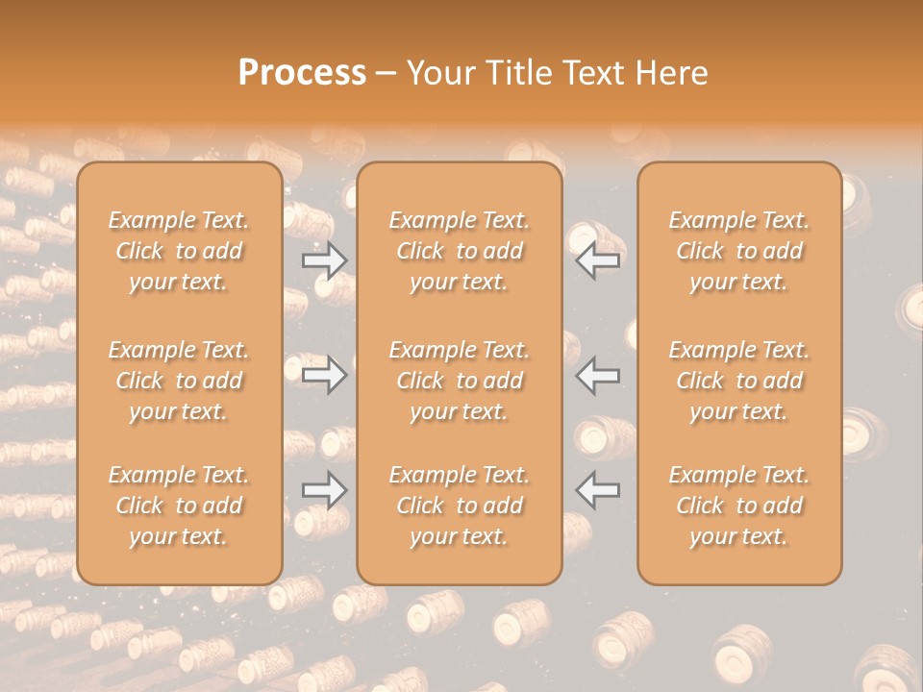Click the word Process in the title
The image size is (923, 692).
(x=302, y=73)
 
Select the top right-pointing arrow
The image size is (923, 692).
(x=324, y=260)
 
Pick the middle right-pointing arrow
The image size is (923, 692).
(x=324, y=375)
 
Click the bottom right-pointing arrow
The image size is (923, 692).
(x=324, y=490)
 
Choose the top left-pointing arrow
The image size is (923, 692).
(x=598, y=260)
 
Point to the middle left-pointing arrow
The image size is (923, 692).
(x=598, y=375)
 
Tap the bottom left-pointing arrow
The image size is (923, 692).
(x=598, y=490)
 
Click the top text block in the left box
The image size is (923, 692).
(x=179, y=251)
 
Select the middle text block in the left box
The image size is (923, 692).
(x=179, y=381)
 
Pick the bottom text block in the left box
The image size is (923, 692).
(x=179, y=506)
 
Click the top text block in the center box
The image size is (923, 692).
(x=460, y=251)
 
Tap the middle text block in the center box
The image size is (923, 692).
(x=460, y=381)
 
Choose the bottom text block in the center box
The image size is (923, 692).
(x=460, y=506)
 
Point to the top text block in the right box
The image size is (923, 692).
(x=739, y=251)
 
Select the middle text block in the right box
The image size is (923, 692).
(x=739, y=381)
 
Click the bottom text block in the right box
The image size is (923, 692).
(x=739, y=506)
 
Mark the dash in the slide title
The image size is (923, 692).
(x=387, y=74)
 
